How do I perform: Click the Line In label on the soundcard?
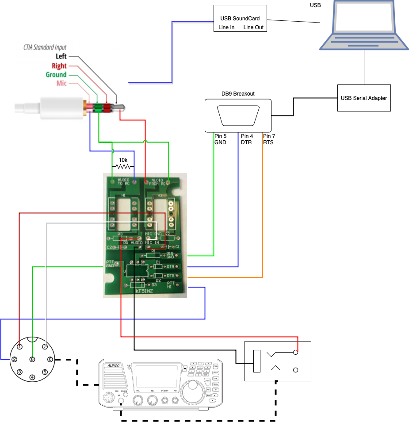click(226, 27)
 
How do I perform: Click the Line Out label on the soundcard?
click(253, 27)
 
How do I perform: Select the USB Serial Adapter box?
click(364, 98)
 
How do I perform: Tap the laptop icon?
click(364, 25)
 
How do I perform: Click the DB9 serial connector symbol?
click(238, 115)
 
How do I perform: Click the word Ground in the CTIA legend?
click(56, 75)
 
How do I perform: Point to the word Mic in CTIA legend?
click(61, 83)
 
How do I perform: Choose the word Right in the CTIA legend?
click(59, 66)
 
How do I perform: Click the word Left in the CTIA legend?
click(61, 57)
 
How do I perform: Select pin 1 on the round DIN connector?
click(19, 347)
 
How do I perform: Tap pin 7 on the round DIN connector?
click(45, 347)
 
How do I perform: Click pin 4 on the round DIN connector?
click(32, 377)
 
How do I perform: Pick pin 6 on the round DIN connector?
click(50, 359)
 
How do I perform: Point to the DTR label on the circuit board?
click(170, 266)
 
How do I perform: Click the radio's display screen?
click(158, 376)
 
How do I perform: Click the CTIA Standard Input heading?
click(45, 47)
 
